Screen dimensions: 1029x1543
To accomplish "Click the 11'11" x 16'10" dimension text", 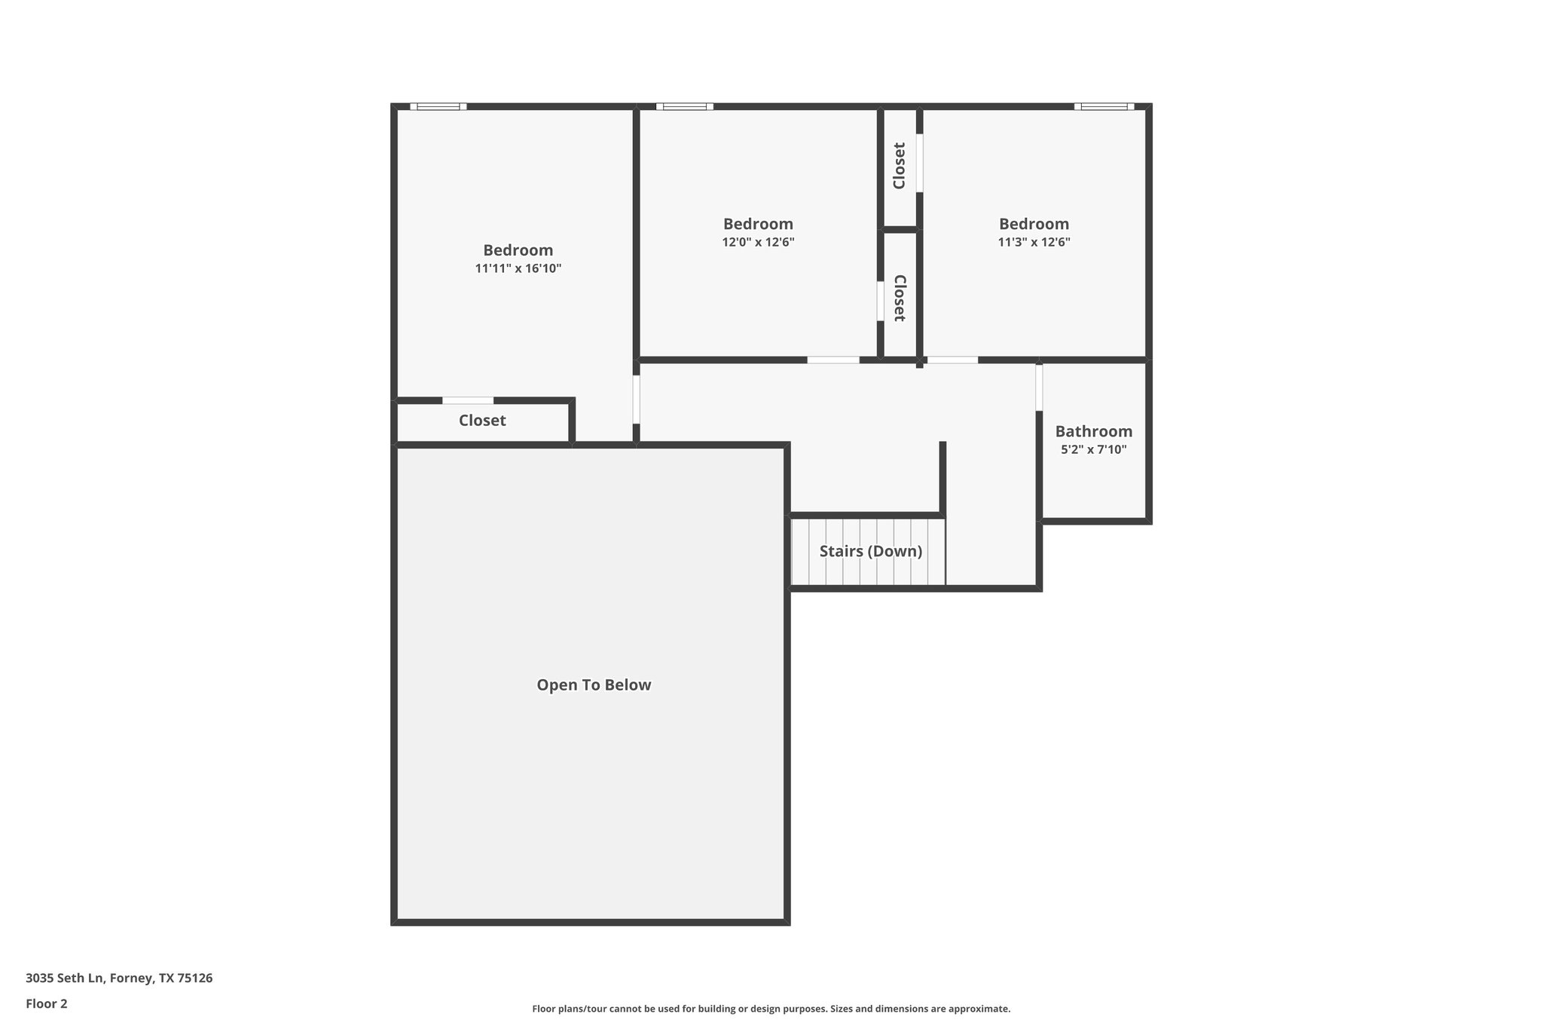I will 518,268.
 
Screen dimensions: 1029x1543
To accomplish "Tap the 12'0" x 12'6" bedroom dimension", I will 758,243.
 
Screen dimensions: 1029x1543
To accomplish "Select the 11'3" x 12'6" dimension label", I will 1034,243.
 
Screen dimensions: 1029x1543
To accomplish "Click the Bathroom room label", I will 1093,431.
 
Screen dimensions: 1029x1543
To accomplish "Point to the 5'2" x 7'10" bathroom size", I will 1093,450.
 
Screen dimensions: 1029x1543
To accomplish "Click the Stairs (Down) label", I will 870,551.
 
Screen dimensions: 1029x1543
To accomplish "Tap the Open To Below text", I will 594,685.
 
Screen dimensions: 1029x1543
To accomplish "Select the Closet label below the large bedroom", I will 482,421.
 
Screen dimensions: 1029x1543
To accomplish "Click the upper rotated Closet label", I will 899,166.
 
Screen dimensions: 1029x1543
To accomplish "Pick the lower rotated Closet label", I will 899,298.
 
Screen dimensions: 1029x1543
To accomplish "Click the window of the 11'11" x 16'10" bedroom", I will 438,106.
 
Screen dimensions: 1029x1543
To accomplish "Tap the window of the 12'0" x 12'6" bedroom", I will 684,106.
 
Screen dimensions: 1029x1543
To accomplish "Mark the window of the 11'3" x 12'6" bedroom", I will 1104,106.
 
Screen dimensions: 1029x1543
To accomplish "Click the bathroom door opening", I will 1039,387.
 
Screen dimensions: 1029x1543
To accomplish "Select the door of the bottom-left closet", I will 468,400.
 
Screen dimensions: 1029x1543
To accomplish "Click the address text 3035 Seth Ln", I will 119,978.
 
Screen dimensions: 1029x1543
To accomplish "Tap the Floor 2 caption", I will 47,1004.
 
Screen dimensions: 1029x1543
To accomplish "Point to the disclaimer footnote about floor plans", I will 771,1009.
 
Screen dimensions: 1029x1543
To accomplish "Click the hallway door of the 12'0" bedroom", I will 833,360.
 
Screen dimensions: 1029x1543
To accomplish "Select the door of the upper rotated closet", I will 919,163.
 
